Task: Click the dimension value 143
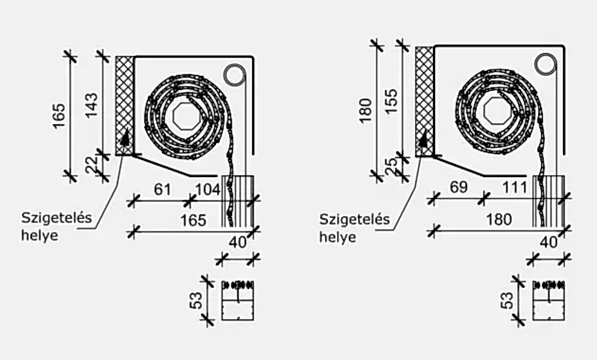(x=92, y=105)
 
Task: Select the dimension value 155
(x=391, y=100)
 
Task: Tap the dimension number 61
(x=163, y=189)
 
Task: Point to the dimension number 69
(x=459, y=188)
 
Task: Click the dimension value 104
(x=208, y=189)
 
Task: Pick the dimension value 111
(x=515, y=188)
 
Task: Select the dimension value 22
(x=92, y=164)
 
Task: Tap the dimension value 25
(x=391, y=166)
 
